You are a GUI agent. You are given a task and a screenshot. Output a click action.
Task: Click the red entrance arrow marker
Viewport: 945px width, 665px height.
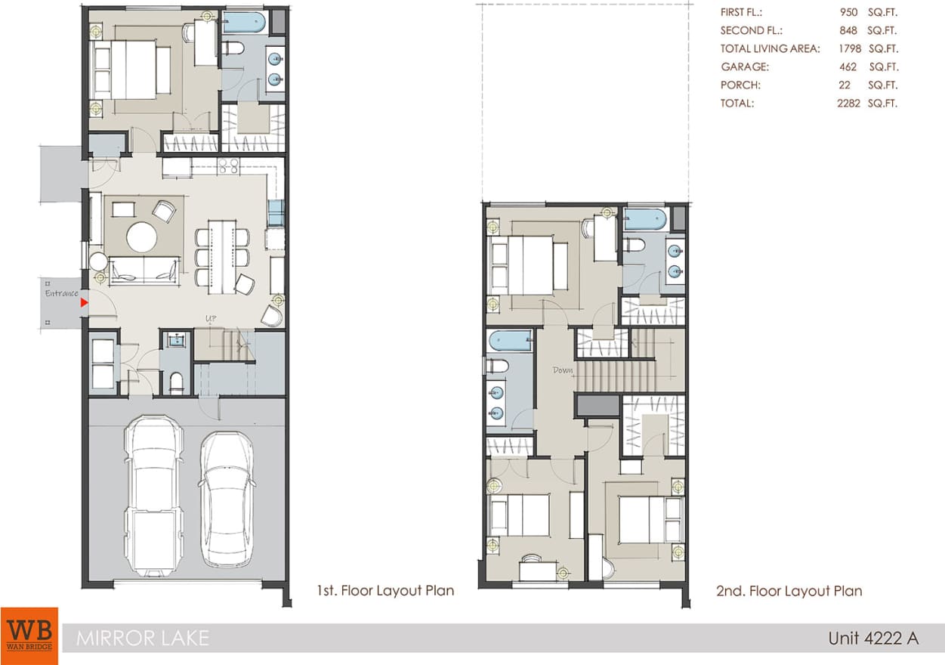pyautogui.click(x=85, y=302)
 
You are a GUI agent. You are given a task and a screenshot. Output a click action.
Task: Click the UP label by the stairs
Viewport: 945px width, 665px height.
pyautogui.click(x=212, y=318)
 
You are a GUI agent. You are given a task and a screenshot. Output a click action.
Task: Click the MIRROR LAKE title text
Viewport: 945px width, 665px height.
pyautogui.click(x=142, y=638)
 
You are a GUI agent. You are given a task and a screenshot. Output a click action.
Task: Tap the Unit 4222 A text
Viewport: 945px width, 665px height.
pyautogui.click(x=872, y=638)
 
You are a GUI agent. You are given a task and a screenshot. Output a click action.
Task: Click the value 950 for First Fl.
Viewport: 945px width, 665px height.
pyautogui.click(x=848, y=13)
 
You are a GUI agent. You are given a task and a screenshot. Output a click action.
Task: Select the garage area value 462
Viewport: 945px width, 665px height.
pyautogui.click(x=848, y=67)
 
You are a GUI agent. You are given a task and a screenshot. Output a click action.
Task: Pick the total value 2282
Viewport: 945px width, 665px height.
pyautogui.click(x=849, y=104)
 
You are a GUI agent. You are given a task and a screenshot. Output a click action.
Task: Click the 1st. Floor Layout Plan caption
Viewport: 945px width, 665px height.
pyautogui.click(x=385, y=590)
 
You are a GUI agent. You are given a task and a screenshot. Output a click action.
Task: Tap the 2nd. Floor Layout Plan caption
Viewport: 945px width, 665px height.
pyautogui.click(x=789, y=590)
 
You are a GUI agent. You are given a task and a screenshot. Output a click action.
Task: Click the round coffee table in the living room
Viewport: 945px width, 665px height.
pyautogui.click(x=141, y=237)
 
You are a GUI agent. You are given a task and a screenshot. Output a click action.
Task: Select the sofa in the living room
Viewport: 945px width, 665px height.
pyautogui.click(x=144, y=271)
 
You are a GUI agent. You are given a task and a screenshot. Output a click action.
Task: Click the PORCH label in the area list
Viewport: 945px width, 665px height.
pyautogui.click(x=740, y=85)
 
